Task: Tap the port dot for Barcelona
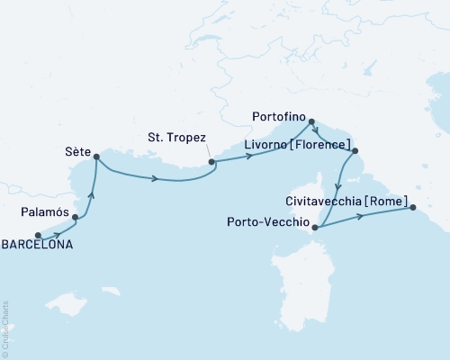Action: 38,236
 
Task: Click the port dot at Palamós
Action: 76,218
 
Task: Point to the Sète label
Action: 78,153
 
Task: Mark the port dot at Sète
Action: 96,157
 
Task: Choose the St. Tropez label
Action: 176,137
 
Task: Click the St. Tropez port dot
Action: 212,163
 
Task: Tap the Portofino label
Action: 279,115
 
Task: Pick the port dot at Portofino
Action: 311,121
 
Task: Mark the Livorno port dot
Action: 355,151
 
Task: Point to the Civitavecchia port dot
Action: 413,209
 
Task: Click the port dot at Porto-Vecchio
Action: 314,228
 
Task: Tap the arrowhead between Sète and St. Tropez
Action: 156,177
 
